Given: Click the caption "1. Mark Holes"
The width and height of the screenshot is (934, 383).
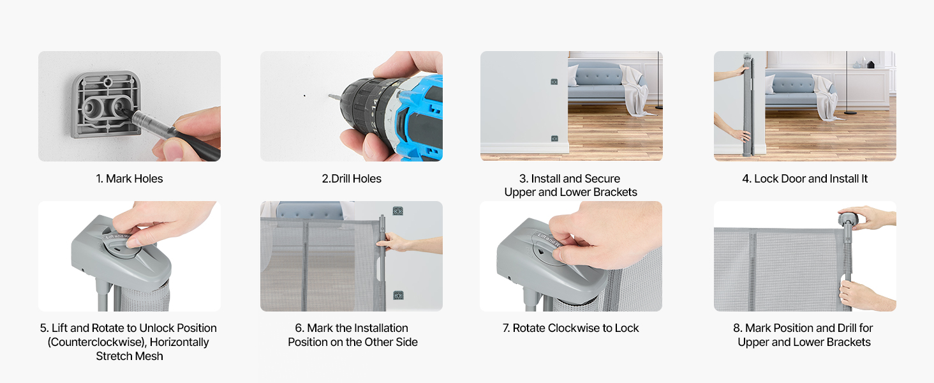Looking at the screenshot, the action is [130, 179].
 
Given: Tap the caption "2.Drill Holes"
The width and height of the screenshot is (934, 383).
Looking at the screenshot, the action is [352, 179].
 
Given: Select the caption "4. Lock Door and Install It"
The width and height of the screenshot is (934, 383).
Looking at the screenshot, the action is [804, 179].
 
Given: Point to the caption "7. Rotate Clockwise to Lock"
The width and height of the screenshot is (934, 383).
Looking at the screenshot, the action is [570, 328].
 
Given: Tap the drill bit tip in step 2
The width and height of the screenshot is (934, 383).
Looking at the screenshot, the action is [329, 96].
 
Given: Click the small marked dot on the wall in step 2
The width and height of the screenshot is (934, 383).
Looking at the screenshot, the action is [304, 96].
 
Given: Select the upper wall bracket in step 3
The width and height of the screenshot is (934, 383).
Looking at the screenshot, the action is [554, 82].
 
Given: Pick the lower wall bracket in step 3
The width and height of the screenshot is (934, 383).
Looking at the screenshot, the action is [554, 139].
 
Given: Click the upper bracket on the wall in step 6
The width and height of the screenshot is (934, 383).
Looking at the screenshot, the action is [398, 211].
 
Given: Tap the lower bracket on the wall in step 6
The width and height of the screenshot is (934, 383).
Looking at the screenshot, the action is [398, 296].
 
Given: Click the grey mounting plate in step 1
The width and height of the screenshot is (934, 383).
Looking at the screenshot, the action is [107, 105].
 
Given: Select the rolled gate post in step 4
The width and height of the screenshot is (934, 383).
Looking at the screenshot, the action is [747, 105].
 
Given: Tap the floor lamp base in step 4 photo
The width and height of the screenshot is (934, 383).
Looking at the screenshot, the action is [850, 112].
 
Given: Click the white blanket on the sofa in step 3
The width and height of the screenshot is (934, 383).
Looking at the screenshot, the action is [635, 91].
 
